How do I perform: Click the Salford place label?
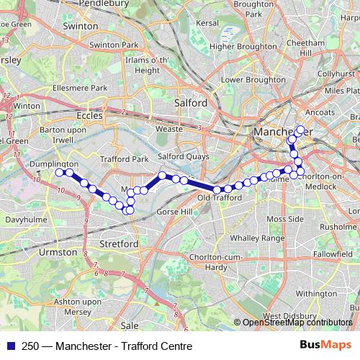[192, 103]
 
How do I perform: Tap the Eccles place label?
[90, 114]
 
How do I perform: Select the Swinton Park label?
[120, 45]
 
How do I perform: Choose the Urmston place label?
[60, 253]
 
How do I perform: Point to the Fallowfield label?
[333, 254]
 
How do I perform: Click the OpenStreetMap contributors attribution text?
[295, 323]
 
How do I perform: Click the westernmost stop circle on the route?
[60, 172]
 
